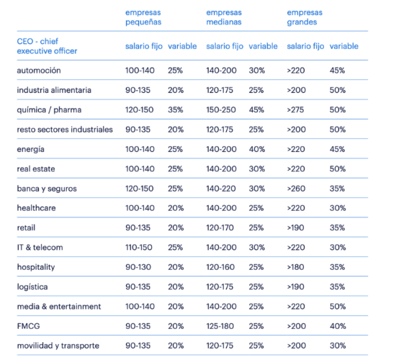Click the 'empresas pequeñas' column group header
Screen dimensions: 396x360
[143, 17]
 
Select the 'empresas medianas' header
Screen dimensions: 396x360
[224, 17]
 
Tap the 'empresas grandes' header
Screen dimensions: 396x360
[305, 17]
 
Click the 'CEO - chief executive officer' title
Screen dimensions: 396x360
[47, 46]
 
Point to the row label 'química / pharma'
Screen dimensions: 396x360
[49, 110]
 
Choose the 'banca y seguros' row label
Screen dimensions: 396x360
[47, 189]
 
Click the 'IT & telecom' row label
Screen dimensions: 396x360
[40, 248]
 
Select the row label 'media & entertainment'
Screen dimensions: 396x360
[59, 307]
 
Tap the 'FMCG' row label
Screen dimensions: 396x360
[28, 326]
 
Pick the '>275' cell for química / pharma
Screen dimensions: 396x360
[295, 110]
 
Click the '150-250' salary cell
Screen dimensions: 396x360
[221, 110]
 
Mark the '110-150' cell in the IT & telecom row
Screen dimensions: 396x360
[139, 248]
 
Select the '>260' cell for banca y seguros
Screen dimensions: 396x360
[296, 189]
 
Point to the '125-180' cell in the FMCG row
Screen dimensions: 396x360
[220, 326]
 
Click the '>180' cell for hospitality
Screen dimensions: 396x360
[295, 267]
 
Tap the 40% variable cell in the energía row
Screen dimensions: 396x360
[257, 149]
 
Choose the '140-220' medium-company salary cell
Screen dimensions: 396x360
[221, 189]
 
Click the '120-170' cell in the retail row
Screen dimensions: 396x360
[220, 228]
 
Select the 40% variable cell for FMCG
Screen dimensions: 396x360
[338, 326]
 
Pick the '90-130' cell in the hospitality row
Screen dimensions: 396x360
[138, 267]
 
